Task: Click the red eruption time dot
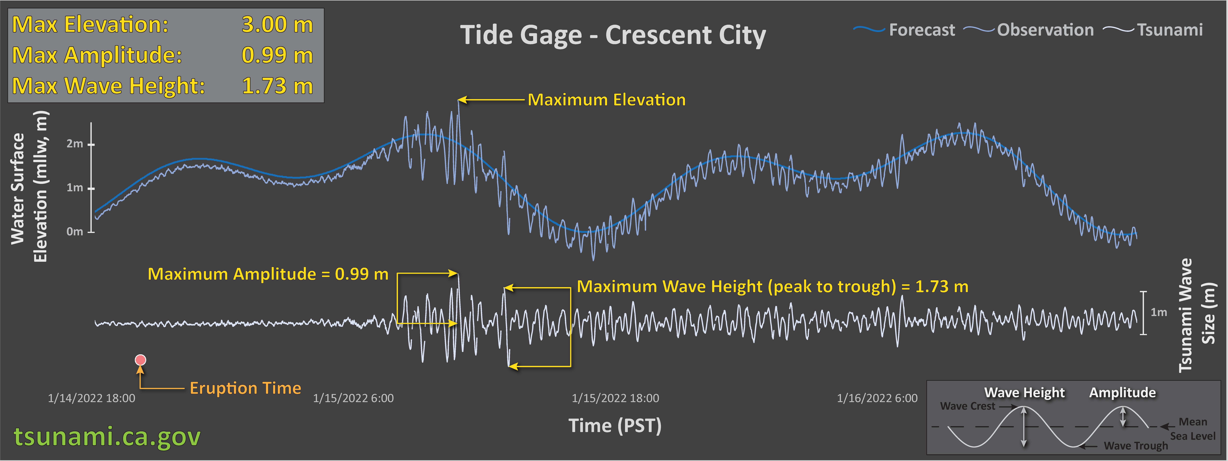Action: tap(140, 360)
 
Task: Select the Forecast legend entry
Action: tap(904, 30)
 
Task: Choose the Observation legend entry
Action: tap(1029, 30)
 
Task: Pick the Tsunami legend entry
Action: tap(1153, 30)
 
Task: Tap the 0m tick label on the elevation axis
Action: tap(74, 231)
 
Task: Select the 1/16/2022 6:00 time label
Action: tap(877, 398)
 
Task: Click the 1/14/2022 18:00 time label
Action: tap(92, 398)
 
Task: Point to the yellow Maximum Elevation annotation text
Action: tap(606, 100)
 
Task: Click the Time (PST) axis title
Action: tap(615, 425)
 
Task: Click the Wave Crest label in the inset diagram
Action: tap(968, 406)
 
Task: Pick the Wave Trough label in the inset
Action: tap(1136, 446)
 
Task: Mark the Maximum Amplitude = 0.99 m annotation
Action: tap(268, 274)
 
